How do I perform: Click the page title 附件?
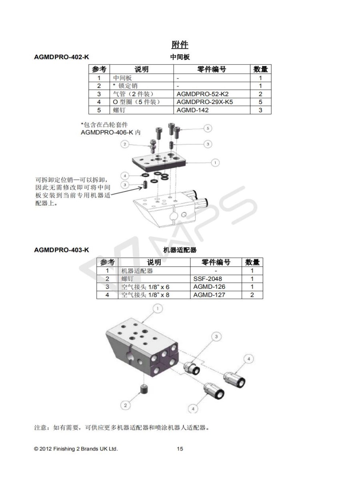[x=180, y=45]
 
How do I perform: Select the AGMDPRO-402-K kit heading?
[x=62, y=57]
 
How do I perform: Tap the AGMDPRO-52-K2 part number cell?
[x=202, y=94]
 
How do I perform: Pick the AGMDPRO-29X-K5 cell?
[x=204, y=102]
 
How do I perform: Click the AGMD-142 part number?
[x=192, y=110]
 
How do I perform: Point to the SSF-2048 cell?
[x=208, y=278]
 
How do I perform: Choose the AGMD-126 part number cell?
[x=209, y=287]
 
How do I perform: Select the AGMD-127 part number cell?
[x=209, y=295]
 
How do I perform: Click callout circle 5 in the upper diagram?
[x=208, y=128]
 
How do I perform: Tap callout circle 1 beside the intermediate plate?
[x=215, y=163]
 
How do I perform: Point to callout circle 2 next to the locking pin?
[x=125, y=144]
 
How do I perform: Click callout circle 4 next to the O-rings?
[x=125, y=176]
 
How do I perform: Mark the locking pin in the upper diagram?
[x=153, y=146]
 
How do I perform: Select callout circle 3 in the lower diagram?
[x=216, y=336]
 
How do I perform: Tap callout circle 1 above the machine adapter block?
[x=158, y=308]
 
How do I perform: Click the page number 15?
[x=180, y=449]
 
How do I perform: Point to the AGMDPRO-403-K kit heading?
[x=62, y=250]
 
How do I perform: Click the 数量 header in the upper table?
[x=260, y=69]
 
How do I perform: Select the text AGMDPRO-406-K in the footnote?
[x=107, y=132]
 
